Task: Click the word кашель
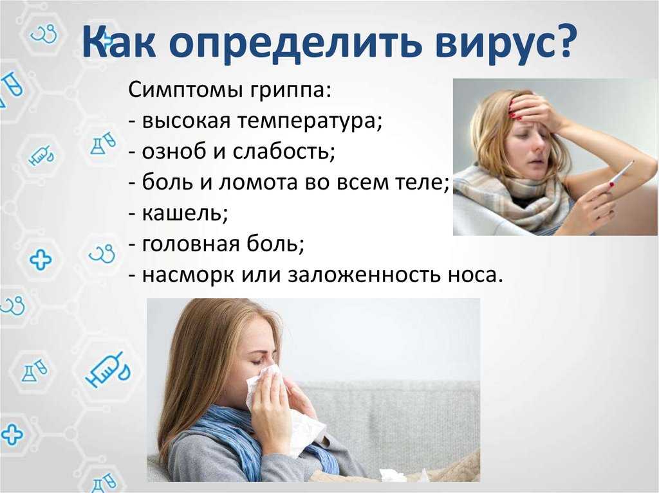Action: (x=185, y=213)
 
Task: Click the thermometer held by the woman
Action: (x=619, y=174)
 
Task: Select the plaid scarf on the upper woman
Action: (x=517, y=197)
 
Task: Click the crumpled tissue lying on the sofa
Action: (x=393, y=476)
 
